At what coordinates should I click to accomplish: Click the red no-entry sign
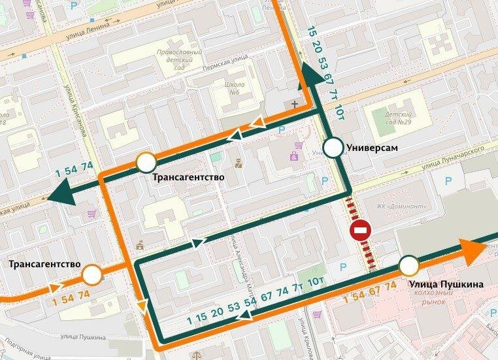click(x=361, y=231)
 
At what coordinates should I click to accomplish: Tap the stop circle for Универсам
click(x=334, y=148)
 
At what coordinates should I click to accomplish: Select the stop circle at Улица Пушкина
click(x=409, y=266)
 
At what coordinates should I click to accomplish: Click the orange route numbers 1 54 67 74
click(x=370, y=293)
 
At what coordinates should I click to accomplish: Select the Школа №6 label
click(x=234, y=88)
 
